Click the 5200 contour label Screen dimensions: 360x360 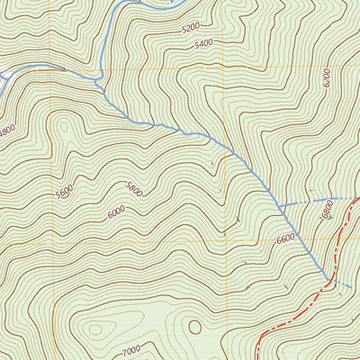190,28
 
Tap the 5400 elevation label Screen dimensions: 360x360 203,42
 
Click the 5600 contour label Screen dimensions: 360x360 64,193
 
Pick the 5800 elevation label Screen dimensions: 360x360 134,189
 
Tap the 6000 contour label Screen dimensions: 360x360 116,212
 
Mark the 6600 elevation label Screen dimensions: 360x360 285,238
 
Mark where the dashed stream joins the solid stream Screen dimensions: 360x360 280,206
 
